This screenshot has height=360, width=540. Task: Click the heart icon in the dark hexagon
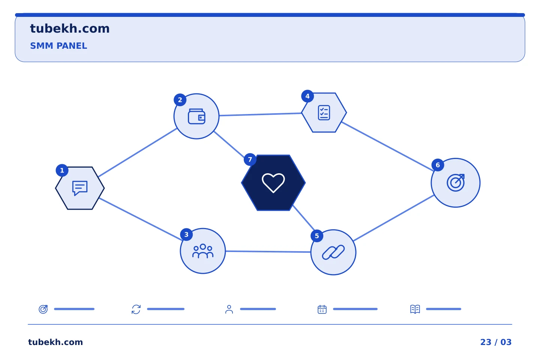tap(273, 183)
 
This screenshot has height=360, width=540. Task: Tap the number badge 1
tap(62, 171)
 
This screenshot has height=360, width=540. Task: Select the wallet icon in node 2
tap(196, 117)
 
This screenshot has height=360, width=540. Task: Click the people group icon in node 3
tap(203, 251)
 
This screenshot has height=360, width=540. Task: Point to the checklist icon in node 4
tap(324, 112)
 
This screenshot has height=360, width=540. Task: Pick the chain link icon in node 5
tap(333, 252)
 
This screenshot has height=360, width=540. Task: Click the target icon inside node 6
tap(456, 183)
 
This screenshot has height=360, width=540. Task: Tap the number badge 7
tap(250, 159)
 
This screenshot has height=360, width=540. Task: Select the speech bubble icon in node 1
tap(80, 188)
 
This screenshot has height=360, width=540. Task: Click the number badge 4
tap(307, 96)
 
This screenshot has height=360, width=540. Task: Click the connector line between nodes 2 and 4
tap(260, 114)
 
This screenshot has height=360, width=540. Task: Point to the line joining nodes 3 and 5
tap(268, 252)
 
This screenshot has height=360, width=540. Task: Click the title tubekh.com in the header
tap(70, 28)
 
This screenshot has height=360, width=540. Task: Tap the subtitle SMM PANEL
tap(58, 46)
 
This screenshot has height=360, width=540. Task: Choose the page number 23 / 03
tap(496, 342)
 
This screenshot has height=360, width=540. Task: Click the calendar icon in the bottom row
tap(322, 309)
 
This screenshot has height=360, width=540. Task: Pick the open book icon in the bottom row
tap(415, 309)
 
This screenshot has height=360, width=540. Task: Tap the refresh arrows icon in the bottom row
tap(136, 309)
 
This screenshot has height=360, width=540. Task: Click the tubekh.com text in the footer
tap(55, 342)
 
